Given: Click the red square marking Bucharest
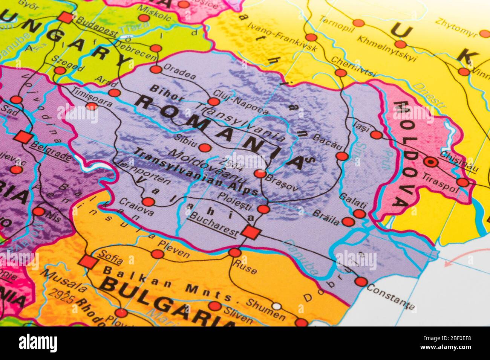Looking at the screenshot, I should click(251, 232).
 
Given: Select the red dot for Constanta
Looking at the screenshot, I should click(361, 282).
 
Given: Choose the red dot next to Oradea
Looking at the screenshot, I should click(156, 69).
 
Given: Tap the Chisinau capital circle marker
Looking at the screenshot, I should click(429, 162).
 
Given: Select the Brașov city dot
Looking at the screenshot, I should click(260, 174).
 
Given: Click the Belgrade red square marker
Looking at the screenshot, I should click(23, 137).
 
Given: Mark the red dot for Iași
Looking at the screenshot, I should click(376, 135).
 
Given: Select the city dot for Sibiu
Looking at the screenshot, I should click(204, 148).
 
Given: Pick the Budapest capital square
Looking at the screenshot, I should click(66, 17).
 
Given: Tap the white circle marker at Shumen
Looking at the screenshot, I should click(277, 306).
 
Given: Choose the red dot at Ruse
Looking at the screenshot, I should click(234, 252).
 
